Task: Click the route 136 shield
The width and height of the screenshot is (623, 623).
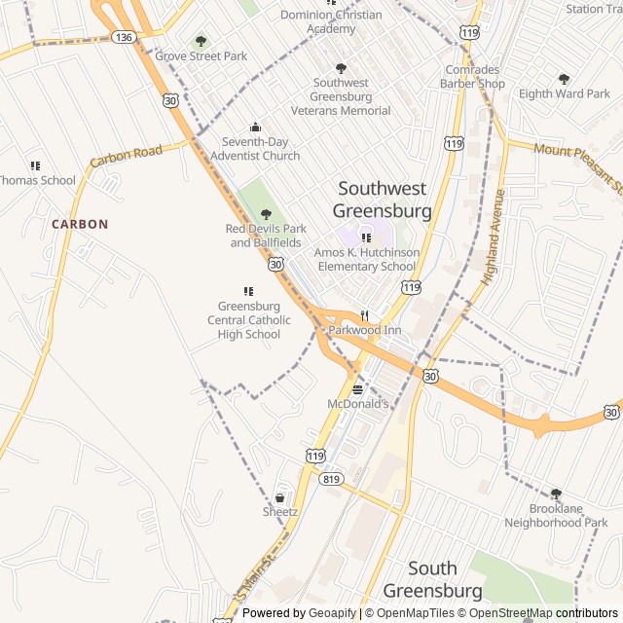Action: (x=123, y=36)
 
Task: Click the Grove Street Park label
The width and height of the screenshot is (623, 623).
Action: (x=202, y=55)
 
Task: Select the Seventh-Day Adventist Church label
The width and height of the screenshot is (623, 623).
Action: (x=255, y=149)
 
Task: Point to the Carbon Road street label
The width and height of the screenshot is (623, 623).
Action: (x=126, y=156)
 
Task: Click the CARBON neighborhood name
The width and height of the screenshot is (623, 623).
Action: (x=80, y=224)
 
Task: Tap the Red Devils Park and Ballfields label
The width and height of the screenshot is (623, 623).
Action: (x=266, y=236)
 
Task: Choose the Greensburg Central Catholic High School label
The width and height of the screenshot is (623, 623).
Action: (x=249, y=320)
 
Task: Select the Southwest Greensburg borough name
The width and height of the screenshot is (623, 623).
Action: (x=383, y=200)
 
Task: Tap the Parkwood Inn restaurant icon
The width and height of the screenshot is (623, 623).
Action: (x=364, y=315)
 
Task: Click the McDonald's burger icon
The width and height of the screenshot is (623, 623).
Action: (x=357, y=389)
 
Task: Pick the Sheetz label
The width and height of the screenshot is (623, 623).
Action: (x=280, y=511)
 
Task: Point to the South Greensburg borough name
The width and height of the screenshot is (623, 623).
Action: (x=432, y=579)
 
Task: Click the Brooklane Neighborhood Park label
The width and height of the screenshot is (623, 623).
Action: (x=556, y=516)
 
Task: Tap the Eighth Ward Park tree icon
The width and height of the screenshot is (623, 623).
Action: (x=564, y=79)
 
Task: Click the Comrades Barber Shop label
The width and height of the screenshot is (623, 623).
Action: (x=472, y=77)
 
